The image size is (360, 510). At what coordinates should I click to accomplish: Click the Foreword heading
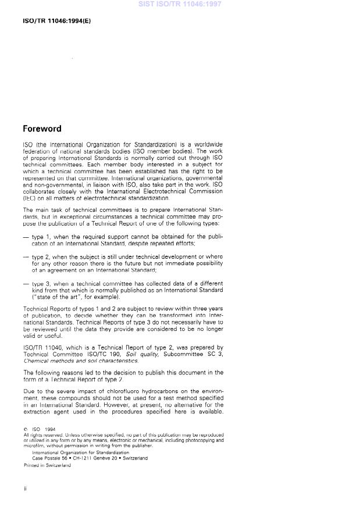(42, 129)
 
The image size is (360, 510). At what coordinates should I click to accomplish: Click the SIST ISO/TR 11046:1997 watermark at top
(180, 4)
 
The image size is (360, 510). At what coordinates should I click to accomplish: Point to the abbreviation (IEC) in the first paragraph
(30, 198)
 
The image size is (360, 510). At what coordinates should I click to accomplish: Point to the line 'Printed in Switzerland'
(47, 465)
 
